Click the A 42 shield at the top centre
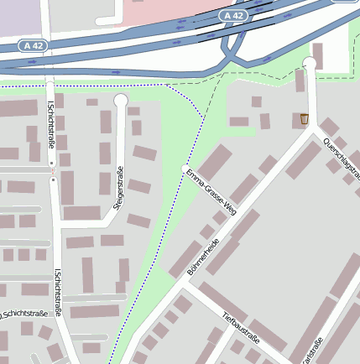tap(234, 16)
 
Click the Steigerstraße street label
tap(119, 189)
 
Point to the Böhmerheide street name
tap(203, 257)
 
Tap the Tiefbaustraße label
tap(242, 330)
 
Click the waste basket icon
tap(304, 119)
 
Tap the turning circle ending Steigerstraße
tap(121, 100)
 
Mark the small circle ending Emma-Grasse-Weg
tap(186, 169)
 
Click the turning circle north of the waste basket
tap(310, 63)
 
